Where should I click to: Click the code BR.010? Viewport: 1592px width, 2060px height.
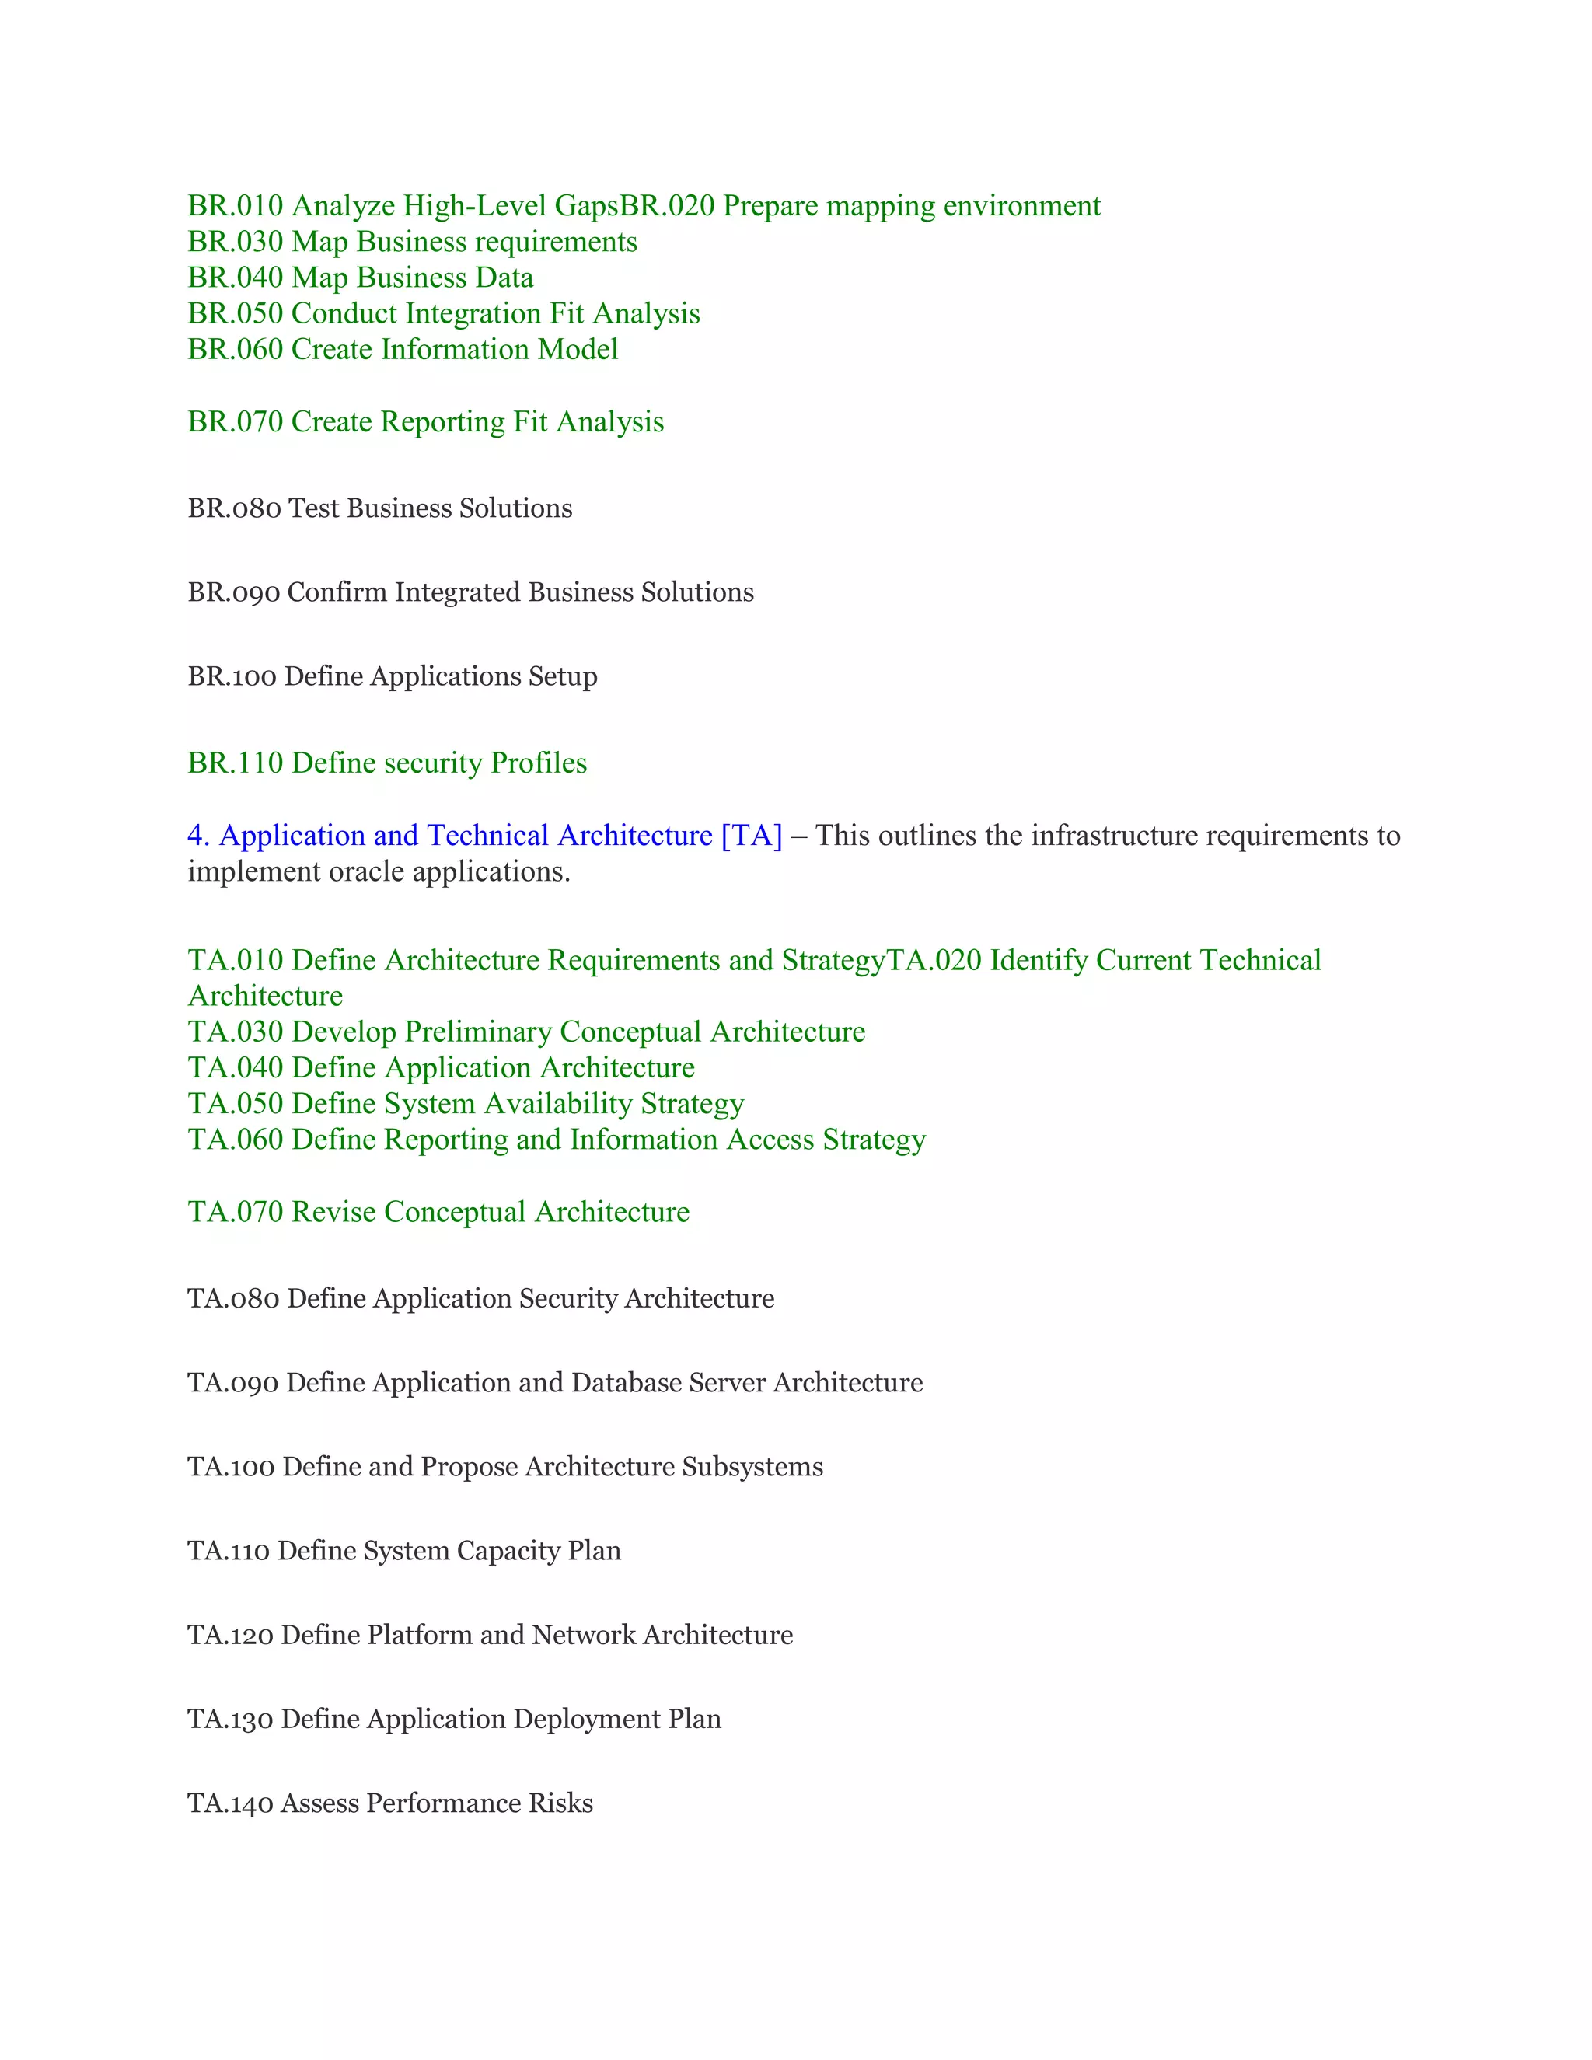point(235,206)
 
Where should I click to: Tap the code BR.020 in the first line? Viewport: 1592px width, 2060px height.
point(667,206)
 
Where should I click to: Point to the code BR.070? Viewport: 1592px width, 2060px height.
point(235,421)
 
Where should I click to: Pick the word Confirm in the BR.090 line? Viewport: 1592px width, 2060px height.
point(337,592)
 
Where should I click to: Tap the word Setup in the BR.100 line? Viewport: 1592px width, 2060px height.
point(562,676)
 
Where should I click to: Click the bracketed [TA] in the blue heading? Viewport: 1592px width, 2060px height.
point(752,836)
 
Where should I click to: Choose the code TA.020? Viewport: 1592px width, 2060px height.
point(934,960)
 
